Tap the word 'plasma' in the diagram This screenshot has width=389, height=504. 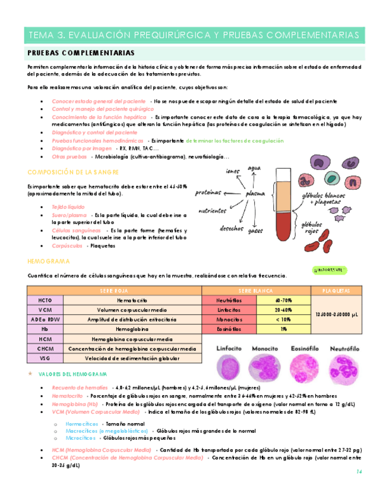[255, 194]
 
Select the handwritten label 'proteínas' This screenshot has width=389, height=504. [208, 193]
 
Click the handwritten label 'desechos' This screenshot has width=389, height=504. [231, 228]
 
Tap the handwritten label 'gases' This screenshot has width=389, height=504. [256, 232]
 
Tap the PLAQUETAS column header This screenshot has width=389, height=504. [336, 290]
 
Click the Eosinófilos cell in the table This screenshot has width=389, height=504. [229, 329]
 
